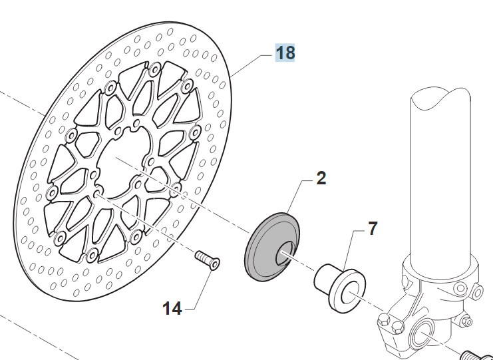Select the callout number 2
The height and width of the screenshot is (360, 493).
tap(321, 178)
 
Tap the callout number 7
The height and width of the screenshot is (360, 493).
tap(372, 228)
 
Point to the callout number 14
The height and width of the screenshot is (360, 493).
tap(172, 308)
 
